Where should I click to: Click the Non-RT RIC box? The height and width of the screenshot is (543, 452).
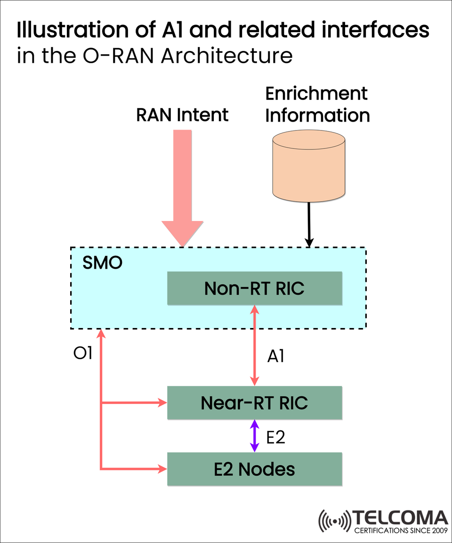click(x=254, y=288)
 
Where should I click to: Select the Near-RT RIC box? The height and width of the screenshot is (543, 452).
click(x=254, y=403)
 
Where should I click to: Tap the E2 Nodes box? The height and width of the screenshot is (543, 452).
click(x=254, y=469)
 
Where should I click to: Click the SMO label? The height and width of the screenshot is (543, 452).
click(x=102, y=263)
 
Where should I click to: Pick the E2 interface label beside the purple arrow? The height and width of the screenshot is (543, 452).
click(x=276, y=437)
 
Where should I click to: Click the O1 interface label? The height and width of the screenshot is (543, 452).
click(x=83, y=354)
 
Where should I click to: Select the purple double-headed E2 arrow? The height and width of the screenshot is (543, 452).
click(x=255, y=436)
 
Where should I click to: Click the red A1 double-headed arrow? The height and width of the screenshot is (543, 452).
click(x=255, y=345)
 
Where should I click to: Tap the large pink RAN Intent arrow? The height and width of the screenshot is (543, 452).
click(x=183, y=184)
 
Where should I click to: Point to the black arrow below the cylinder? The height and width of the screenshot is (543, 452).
click(x=309, y=224)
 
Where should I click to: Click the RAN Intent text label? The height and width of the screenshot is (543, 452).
click(x=182, y=115)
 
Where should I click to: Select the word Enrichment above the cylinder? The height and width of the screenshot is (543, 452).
click(x=316, y=93)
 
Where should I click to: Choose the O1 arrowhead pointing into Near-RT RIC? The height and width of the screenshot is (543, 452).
click(x=163, y=403)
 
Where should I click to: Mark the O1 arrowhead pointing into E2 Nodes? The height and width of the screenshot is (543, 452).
click(x=163, y=469)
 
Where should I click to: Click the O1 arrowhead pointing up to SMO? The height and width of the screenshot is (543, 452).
click(x=101, y=334)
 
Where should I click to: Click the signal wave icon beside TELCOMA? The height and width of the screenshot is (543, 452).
click(x=335, y=521)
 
